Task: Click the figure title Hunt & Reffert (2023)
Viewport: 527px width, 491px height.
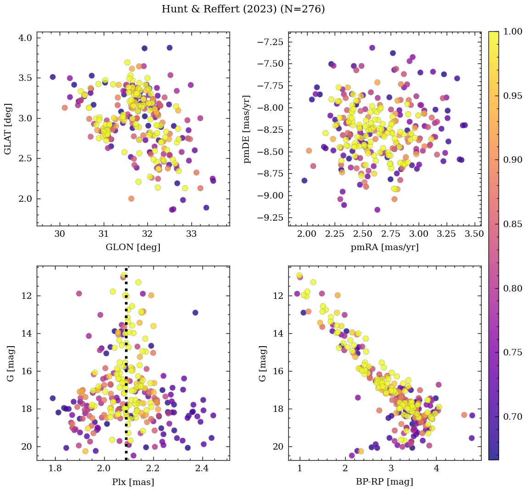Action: (243, 9)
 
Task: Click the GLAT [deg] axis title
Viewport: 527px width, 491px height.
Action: (8, 129)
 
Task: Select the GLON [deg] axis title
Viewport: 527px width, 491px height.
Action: (133, 247)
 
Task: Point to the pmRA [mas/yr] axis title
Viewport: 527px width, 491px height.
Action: (385, 247)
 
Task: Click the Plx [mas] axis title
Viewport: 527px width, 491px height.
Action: (133, 482)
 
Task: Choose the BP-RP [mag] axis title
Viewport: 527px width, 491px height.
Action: (385, 482)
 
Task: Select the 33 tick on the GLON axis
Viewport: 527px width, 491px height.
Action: (191, 234)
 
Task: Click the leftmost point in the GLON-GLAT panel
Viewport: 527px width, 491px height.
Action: (53, 77)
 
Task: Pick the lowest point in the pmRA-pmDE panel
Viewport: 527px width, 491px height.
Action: (377, 210)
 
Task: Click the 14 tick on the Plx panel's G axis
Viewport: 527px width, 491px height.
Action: (26, 333)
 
